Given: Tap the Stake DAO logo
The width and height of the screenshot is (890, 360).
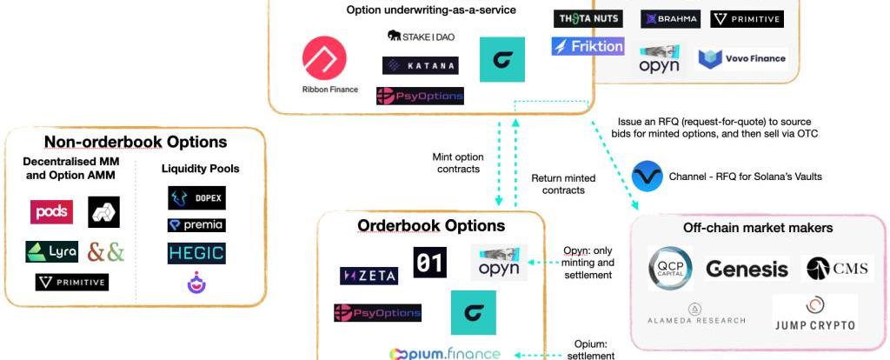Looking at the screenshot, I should click(421, 37).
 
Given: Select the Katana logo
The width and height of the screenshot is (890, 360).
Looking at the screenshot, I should click(420, 65).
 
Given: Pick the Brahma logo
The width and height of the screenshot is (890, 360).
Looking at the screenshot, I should click(670, 18).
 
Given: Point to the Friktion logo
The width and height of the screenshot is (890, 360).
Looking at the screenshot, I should click(588, 46).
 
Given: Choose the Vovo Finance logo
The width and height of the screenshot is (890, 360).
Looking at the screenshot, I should click(743, 59).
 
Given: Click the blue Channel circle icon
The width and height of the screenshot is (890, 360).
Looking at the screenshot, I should click(648, 177).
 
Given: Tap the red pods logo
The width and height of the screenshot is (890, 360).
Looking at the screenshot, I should click(51, 212).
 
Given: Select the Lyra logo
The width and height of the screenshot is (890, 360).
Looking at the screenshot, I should click(52, 252).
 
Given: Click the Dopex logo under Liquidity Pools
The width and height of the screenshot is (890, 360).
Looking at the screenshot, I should click(196, 198).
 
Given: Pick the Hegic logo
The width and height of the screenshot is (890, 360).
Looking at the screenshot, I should click(196, 253).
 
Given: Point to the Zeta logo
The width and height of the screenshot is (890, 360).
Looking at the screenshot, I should click(369, 276).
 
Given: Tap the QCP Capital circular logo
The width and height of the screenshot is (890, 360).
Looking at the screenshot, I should click(670, 269).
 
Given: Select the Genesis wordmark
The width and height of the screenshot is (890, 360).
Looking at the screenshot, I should click(747, 269).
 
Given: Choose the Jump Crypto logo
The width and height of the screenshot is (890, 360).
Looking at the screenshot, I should click(814, 315).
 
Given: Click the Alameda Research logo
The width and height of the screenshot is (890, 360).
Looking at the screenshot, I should click(695, 314).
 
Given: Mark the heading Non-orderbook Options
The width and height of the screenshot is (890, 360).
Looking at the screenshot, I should click(136, 142).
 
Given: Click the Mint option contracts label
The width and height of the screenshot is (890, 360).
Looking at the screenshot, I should click(457, 163).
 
